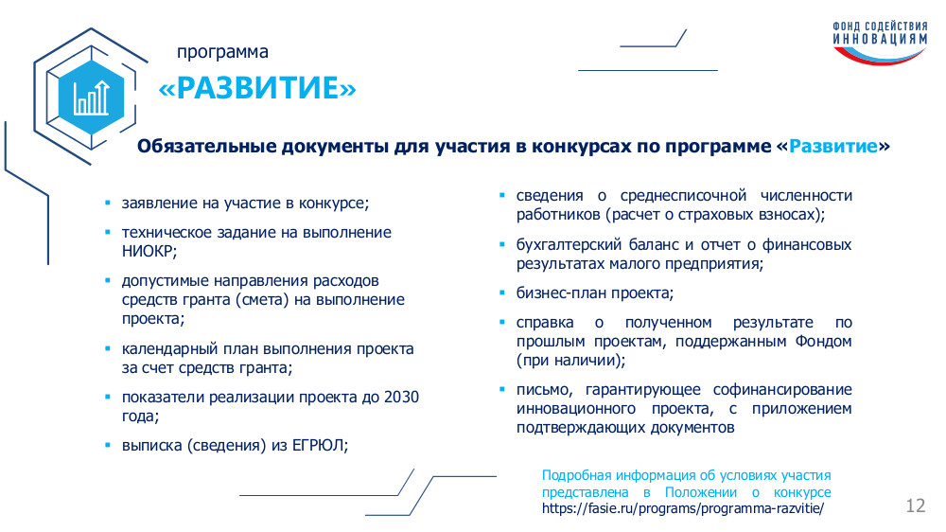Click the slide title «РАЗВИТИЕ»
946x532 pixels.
(x=257, y=88)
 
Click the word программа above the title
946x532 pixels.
(x=222, y=52)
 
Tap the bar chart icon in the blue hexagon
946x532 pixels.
(x=91, y=98)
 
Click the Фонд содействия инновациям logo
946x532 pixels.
(x=880, y=43)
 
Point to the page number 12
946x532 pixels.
(x=915, y=505)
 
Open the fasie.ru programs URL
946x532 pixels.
(x=682, y=508)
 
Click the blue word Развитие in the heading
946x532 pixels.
(x=833, y=146)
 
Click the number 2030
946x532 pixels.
(x=401, y=398)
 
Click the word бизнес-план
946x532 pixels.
(x=561, y=293)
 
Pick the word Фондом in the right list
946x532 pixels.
(x=823, y=341)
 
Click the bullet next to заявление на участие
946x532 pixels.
(x=108, y=203)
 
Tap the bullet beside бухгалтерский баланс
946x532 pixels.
(x=502, y=244)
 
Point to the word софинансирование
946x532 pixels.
(x=782, y=390)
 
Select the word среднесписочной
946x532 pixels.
(x=684, y=196)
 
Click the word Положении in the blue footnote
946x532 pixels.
(x=701, y=492)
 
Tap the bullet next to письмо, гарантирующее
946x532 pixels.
(x=502, y=389)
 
